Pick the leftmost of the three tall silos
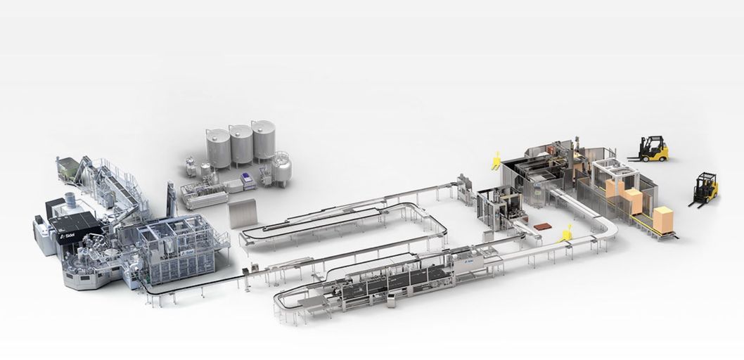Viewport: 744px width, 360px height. (x=217, y=147)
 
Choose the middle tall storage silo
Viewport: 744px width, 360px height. (x=240, y=144)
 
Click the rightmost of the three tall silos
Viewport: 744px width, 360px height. (x=264, y=141)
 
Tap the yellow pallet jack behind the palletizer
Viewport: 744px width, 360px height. (x=496, y=160)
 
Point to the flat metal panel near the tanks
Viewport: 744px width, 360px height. (x=243, y=213)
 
